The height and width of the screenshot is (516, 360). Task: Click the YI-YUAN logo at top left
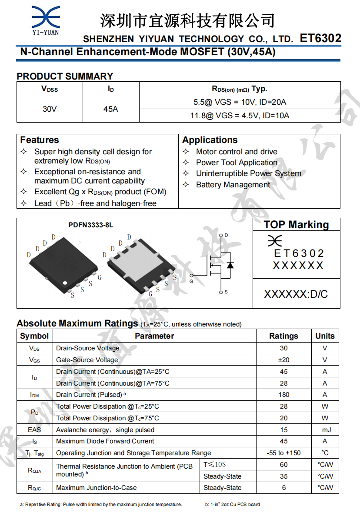[x=45, y=20]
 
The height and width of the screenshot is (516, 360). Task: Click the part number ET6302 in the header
[x=320, y=38]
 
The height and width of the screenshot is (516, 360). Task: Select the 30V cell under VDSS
[x=50, y=109]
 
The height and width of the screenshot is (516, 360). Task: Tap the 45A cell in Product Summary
[x=110, y=109]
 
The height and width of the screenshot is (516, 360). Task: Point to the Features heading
[x=40, y=140]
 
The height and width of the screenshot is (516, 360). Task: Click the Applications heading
[x=210, y=140]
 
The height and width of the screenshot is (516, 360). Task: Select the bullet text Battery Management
[x=233, y=185]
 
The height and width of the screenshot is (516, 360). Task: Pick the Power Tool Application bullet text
[x=237, y=163]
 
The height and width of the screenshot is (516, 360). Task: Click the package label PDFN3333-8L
[x=91, y=225]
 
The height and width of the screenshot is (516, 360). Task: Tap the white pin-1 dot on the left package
[x=66, y=283]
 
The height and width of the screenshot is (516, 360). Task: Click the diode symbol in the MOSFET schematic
[x=230, y=264]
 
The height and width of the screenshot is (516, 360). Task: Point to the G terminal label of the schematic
[x=191, y=282]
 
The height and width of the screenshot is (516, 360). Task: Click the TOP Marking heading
[x=296, y=225]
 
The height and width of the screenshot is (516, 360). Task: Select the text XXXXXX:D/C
[x=296, y=294]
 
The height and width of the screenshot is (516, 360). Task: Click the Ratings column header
[x=283, y=336]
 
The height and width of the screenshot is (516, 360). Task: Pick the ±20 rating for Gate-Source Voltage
[x=283, y=360]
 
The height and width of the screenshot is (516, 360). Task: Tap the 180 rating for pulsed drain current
[x=283, y=395]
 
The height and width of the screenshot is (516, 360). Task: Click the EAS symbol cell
[x=34, y=430]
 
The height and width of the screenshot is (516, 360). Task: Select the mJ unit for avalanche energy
[x=325, y=430]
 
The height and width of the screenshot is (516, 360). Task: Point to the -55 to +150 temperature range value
[x=283, y=453]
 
